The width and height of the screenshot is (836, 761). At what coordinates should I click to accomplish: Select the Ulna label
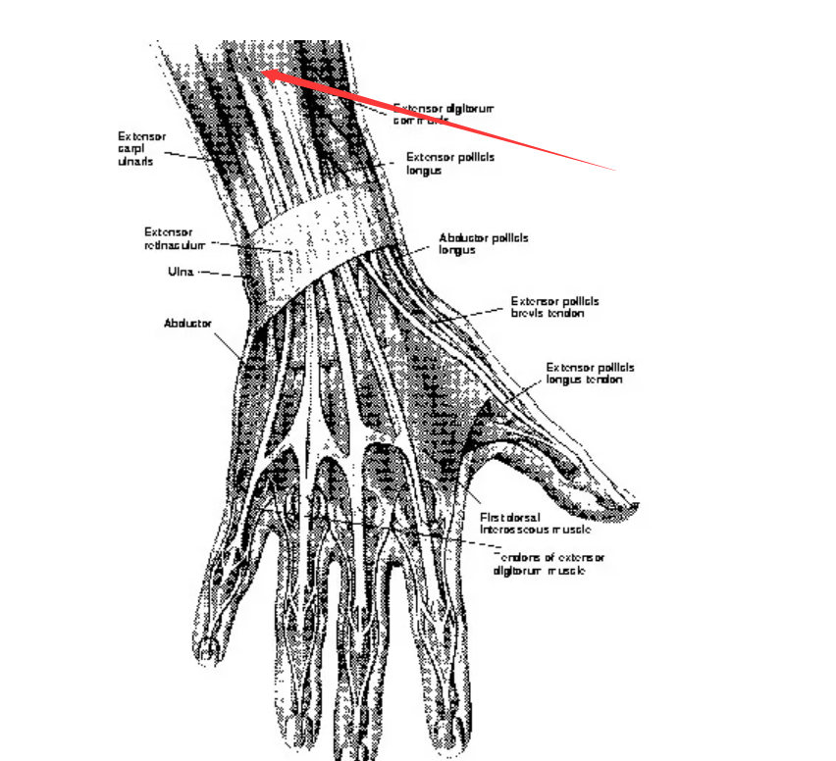181,272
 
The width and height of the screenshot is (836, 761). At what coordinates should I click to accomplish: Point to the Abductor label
187,323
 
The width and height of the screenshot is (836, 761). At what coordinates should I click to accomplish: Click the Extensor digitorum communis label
442,114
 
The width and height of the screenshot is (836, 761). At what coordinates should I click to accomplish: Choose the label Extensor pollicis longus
450,163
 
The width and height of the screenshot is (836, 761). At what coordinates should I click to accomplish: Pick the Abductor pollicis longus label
484,243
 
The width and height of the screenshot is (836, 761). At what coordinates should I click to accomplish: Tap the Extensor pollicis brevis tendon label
554,307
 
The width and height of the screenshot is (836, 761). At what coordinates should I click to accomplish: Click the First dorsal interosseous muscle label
535,523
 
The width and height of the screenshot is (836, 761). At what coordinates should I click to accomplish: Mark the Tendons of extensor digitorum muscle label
549,563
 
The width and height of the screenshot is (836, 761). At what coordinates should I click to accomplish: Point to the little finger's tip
205,648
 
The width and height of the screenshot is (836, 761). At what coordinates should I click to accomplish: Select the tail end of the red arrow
615,170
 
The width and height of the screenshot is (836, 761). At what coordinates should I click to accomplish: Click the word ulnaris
135,161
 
